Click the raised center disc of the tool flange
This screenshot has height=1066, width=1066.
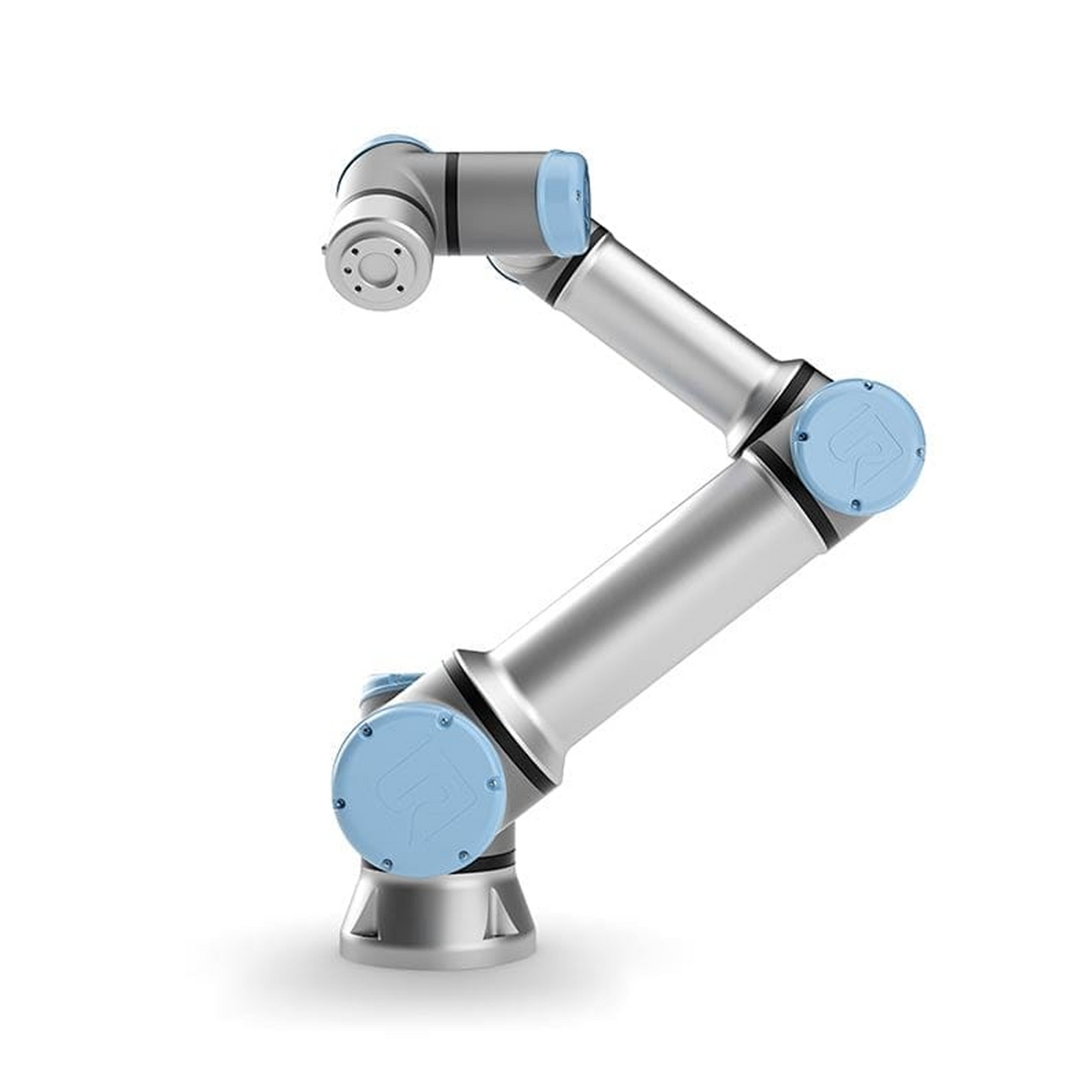[375, 265]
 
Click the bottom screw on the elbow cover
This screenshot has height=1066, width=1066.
[855, 505]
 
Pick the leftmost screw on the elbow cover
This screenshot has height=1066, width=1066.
[798, 438]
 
